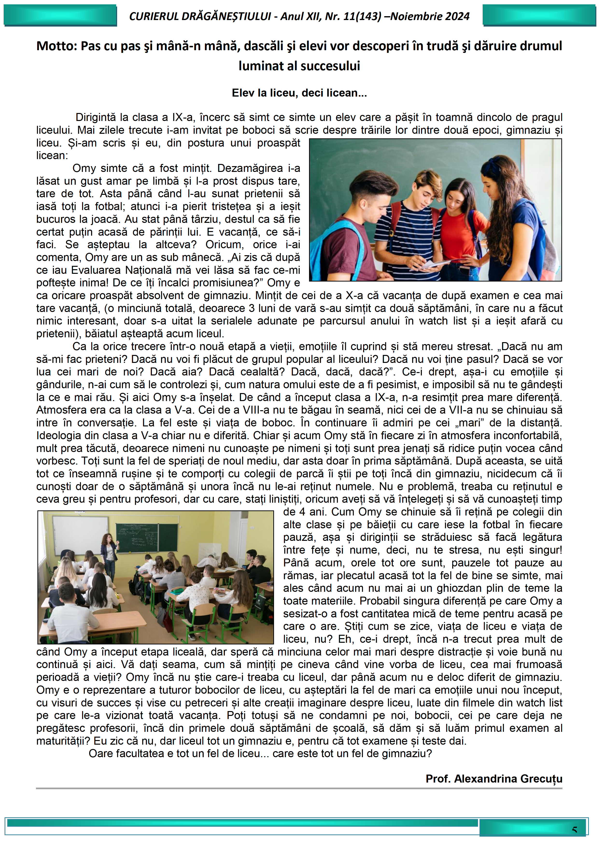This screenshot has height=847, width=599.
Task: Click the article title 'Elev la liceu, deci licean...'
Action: (x=299, y=93)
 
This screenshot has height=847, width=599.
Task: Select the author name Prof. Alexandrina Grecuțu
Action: (x=494, y=778)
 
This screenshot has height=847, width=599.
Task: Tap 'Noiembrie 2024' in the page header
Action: (x=430, y=16)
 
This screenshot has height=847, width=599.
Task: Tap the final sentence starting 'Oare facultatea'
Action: (x=260, y=753)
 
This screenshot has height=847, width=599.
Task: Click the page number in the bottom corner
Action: (x=574, y=830)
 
